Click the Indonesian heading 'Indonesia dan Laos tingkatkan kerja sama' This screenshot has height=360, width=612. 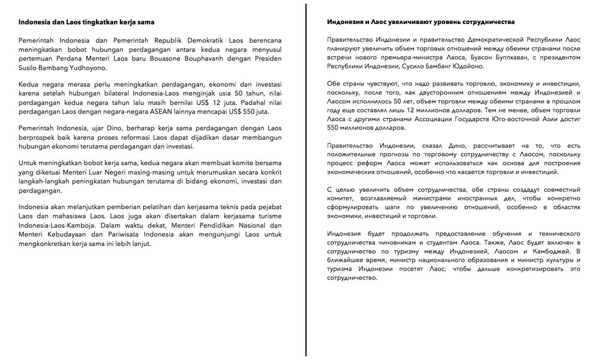[x=86, y=22]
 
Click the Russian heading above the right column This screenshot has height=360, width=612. [x=421, y=22]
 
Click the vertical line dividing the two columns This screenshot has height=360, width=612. [x=306, y=180]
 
